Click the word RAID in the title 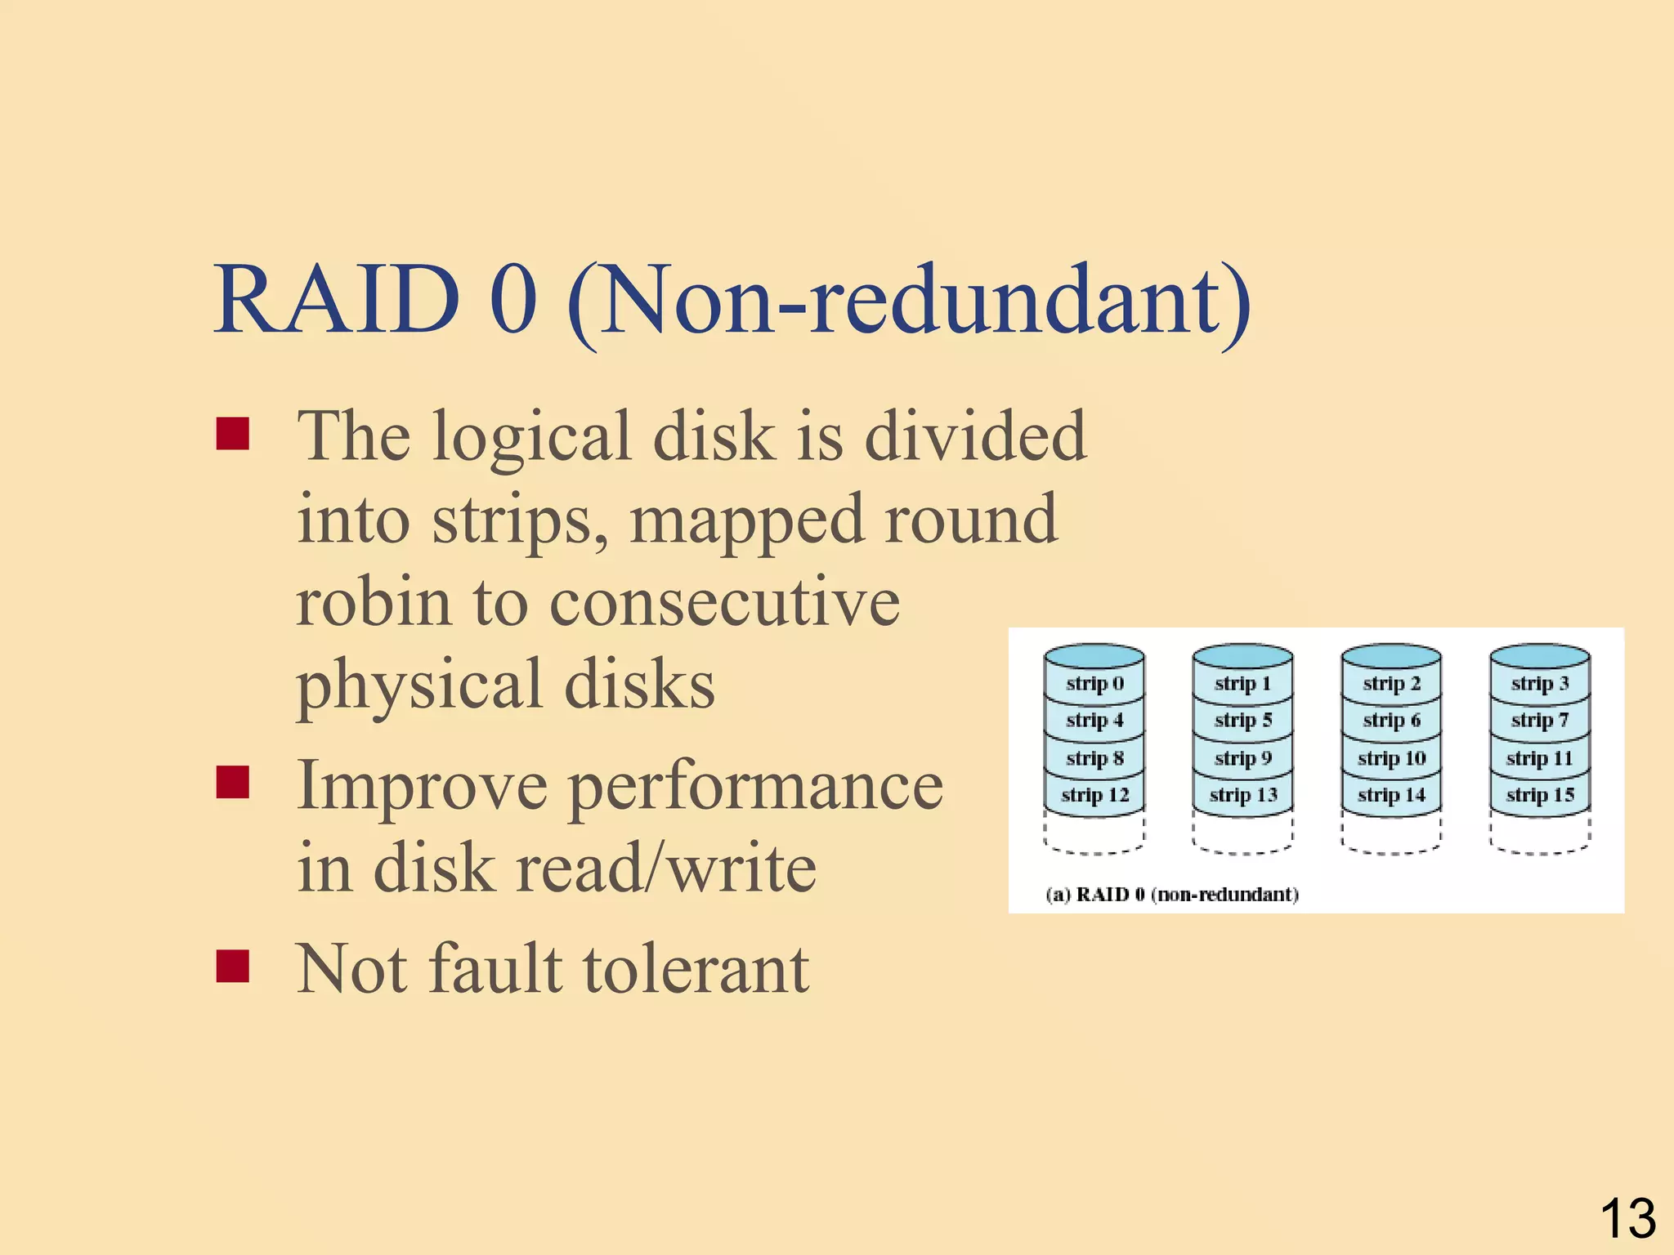[x=336, y=300]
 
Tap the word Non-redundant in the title [x=907, y=300]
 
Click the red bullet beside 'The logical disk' [x=233, y=434]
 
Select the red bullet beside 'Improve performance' [x=233, y=782]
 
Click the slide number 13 [x=1627, y=1218]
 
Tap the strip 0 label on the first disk [x=1094, y=683]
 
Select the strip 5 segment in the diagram [x=1242, y=720]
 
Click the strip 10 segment [x=1391, y=757]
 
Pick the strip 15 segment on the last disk [x=1540, y=794]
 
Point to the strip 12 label [x=1094, y=794]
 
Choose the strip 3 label [x=1540, y=683]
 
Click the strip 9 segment [x=1242, y=757]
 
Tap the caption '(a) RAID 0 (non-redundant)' [x=1172, y=894]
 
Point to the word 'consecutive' [x=724, y=602]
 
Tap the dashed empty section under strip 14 [x=1391, y=833]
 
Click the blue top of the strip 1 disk [x=1242, y=655]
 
